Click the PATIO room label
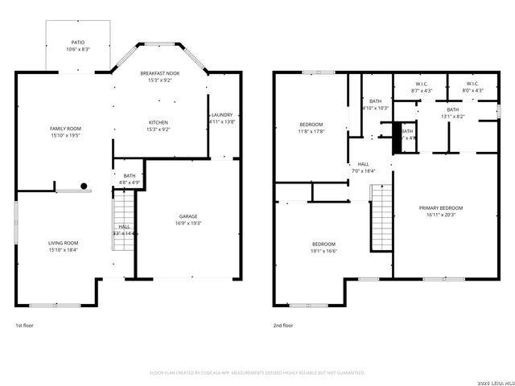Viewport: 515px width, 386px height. point(78,43)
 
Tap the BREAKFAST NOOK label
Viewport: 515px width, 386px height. point(160,73)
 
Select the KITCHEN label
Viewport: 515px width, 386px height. point(158,122)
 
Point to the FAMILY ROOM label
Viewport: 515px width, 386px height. point(65,128)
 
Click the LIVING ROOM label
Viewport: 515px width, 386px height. point(64,243)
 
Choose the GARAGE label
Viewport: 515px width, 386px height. point(189,216)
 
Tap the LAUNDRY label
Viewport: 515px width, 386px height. point(222,115)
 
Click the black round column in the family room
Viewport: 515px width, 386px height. point(83,186)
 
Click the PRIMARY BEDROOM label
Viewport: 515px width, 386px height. point(441,208)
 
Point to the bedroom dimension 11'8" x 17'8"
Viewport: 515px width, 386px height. point(311,131)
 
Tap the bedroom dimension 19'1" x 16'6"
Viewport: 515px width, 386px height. point(324,251)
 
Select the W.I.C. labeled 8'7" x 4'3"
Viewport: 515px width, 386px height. point(421,91)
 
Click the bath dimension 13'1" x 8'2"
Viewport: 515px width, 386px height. point(452,117)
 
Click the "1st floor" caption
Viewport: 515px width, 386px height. point(25,326)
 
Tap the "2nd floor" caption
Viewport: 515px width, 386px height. point(282,326)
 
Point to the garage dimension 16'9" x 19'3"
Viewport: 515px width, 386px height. point(189,223)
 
